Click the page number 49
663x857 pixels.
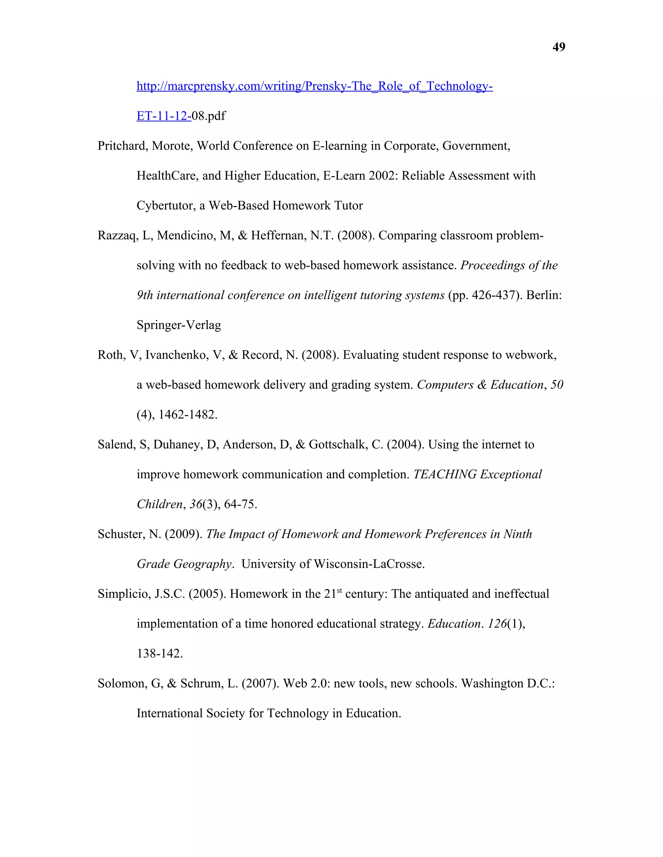tap(558, 47)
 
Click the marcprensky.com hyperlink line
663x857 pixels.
tap(314, 86)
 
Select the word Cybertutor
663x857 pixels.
tap(166, 206)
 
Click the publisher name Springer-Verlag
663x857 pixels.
tap(179, 325)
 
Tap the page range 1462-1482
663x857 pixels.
tap(187, 415)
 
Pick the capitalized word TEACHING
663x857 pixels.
tap(445, 474)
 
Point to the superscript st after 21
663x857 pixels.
tap(339, 590)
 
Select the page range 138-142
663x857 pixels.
tap(160, 654)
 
